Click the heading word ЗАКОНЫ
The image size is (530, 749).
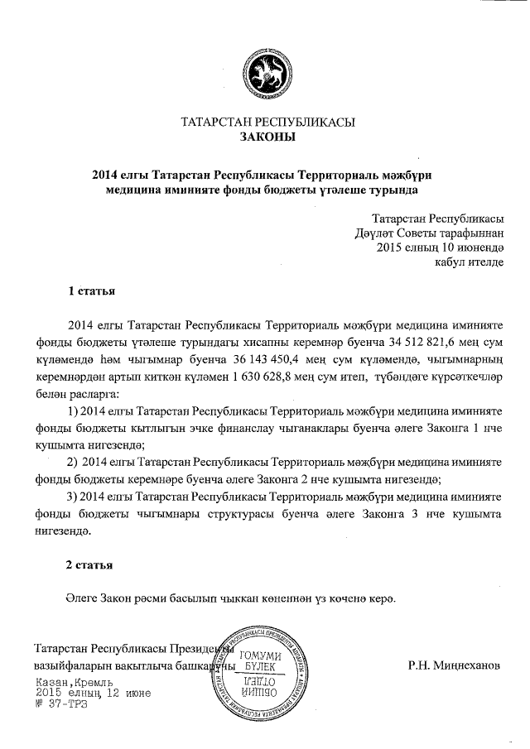coord(267,137)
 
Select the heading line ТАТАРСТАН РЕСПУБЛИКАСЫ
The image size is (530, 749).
coord(267,122)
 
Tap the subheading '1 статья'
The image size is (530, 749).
coord(90,291)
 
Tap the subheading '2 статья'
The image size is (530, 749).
coord(90,565)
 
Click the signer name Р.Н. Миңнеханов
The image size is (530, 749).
coord(454,665)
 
